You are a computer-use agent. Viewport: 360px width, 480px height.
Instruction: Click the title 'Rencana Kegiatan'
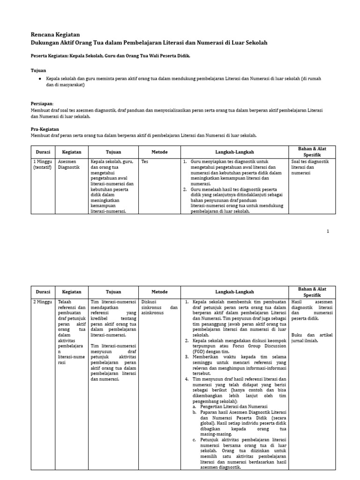pos(55,35)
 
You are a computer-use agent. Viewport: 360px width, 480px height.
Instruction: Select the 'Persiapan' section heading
pos(42,103)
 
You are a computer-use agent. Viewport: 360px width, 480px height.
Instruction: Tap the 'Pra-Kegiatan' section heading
pos(45,129)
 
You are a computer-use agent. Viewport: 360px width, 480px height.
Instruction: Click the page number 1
pos(328,231)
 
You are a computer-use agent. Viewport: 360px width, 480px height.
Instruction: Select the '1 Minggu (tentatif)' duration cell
pos(43,165)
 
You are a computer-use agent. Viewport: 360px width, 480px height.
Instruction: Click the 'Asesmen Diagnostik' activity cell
pos(69,165)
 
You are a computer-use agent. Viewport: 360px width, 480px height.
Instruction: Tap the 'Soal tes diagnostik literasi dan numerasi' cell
pos(310,167)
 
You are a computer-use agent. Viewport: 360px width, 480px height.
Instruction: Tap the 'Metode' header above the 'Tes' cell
pos(159,152)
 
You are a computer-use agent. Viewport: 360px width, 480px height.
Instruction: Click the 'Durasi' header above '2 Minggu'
pos(43,291)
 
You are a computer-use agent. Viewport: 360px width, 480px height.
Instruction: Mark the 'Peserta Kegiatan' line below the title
pos(111,56)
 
